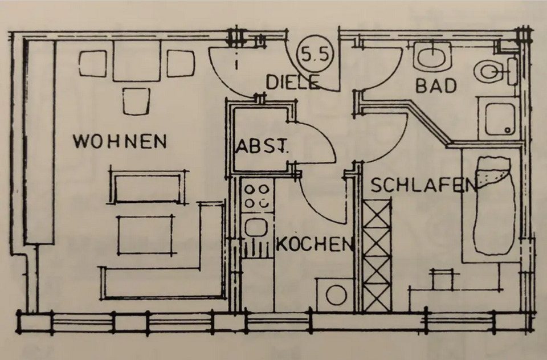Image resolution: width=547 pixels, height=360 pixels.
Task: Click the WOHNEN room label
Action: (x=120, y=141)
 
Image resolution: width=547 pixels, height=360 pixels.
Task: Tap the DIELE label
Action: (x=292, y=83)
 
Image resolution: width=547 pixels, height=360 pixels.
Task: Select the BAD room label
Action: (x=436, y=86)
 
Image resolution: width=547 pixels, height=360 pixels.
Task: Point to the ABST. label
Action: (x=263, y=148)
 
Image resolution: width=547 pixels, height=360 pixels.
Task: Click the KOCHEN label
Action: (x=315, y=245)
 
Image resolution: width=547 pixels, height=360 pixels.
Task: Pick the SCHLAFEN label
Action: (x=424, y=185)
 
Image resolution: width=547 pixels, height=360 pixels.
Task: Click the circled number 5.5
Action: (x=314, y=55)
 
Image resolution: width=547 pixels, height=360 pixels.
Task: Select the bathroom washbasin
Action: (x=432, y=56)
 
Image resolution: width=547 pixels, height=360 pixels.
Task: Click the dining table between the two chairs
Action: (x=136, y=61)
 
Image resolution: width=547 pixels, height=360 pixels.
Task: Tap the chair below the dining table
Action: (x=136, y=100)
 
